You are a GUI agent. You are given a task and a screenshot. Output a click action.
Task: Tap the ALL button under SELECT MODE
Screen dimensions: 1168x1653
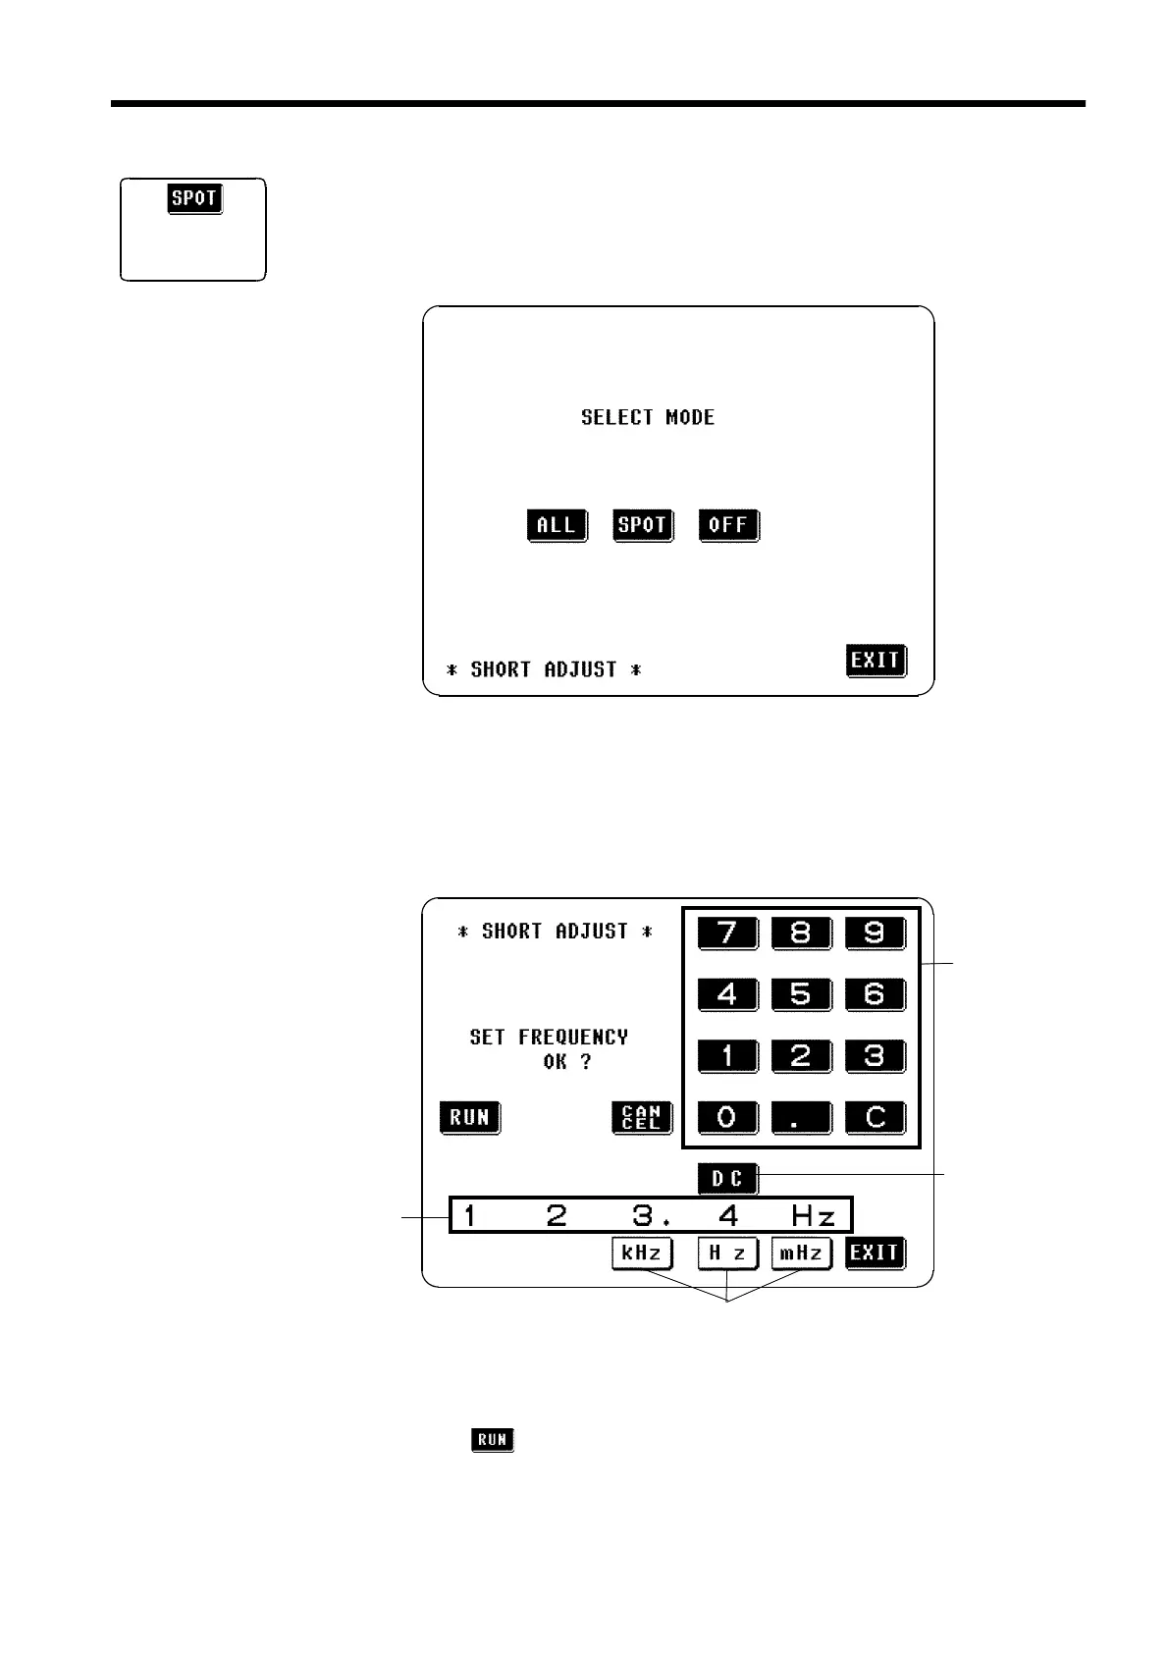557,525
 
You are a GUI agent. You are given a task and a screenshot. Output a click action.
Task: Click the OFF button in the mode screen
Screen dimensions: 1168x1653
728,525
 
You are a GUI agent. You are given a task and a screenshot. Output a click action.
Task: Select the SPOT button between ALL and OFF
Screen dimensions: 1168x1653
642,525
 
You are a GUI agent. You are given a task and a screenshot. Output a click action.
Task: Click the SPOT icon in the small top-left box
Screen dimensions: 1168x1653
194,198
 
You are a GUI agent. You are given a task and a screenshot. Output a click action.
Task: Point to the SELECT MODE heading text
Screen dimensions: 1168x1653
648,417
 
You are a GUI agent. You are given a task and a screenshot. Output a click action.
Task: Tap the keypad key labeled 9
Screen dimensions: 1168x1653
874,932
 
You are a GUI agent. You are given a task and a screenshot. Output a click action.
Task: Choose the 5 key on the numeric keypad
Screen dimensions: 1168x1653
800,993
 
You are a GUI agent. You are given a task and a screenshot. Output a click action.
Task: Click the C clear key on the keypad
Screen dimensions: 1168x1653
874,1117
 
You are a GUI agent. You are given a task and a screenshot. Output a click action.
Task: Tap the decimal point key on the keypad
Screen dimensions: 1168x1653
800,1117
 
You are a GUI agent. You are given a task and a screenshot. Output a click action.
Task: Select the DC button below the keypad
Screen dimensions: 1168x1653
727,1178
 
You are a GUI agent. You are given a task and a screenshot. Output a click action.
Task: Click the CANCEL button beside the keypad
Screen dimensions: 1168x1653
641,1117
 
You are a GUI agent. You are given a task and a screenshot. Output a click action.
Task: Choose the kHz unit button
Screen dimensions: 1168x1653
642,1253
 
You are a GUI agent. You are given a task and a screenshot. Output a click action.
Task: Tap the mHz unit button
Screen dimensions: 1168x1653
801,1253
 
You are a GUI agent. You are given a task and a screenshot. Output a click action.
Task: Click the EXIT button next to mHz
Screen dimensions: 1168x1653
875,1253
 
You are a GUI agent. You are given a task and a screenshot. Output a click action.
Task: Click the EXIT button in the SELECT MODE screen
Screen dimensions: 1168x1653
875,661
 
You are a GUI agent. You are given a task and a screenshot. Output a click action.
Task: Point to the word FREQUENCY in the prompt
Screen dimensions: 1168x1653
573,1037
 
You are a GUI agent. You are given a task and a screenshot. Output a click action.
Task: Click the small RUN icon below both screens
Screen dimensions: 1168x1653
493,1440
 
